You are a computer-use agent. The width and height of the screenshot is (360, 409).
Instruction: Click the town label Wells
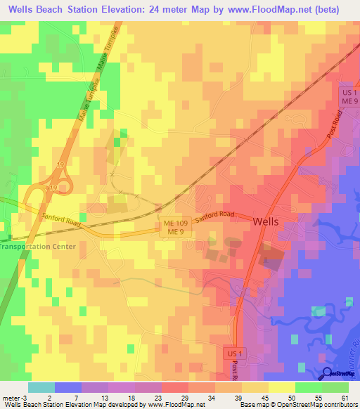265,221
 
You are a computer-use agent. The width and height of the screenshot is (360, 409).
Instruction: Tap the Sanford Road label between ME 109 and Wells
214,219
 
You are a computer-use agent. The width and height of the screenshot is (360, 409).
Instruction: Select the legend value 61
345,397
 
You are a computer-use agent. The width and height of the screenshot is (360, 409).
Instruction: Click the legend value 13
104,397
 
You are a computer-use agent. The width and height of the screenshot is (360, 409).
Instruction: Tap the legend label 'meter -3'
14,397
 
